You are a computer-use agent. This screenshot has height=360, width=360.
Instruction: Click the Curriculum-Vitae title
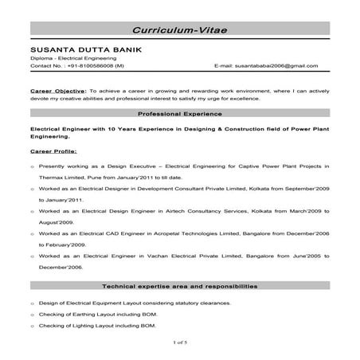pyautogui.click(x=180, y=28)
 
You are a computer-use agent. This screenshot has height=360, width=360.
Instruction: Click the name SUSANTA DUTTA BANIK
pyautogui.click(x=86, y=49)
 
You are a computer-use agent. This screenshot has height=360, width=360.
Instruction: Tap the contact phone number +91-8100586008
pyautogui.click(x=88, y=66)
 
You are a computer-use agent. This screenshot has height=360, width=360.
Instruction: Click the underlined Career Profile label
pyautogui.click(x=53, y=149)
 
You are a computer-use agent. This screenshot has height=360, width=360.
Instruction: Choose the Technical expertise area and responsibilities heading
pyautogui.click(x=179, y=285)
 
